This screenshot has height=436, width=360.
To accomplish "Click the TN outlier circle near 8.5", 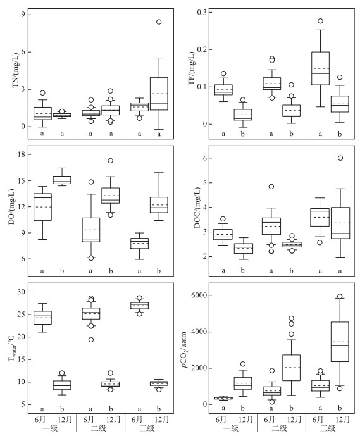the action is [x=159, y=22].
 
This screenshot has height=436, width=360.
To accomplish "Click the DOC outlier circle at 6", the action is [x=340, y=158].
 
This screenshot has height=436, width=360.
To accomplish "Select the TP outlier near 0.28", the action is [x=320, y=21].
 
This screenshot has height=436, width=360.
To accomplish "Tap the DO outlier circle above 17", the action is [x=110, y=161].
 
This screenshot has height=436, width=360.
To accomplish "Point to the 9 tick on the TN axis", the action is [x=22, y=14].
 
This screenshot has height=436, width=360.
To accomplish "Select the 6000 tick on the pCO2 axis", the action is [x=199, y=296].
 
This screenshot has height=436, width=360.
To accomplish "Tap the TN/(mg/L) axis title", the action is [x=15, y=70].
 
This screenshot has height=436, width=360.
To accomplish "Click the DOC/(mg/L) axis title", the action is [x=197, y=208].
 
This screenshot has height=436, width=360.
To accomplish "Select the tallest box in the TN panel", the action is [x=159, y=94].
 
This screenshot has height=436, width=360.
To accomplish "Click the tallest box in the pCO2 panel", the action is [x=340, y=342].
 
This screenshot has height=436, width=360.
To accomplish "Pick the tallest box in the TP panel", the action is [x=321, y=68].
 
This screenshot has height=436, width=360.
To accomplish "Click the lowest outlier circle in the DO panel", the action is [x=91, y=258].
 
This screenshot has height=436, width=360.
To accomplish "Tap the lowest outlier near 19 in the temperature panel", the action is [x=91, y=340].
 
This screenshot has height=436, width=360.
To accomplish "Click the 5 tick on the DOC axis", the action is [x=204, y=183].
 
